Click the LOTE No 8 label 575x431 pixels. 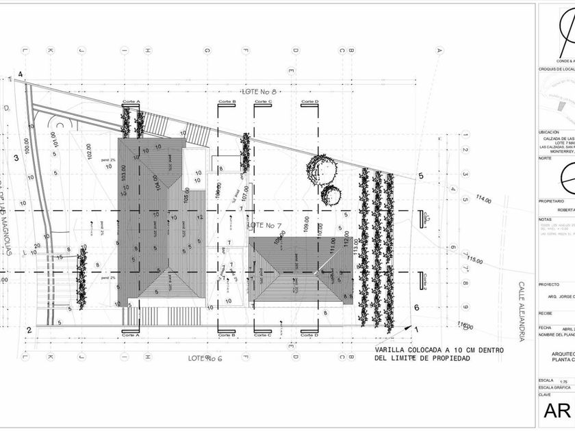(x=259, y=91)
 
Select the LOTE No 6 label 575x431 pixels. (x=206, y=358)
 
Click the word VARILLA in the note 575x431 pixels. (x=391, y=350)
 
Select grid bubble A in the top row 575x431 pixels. (x=439, y=49)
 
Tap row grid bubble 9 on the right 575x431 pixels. (x=464, y=306)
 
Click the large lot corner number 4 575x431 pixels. (x=21, y=74)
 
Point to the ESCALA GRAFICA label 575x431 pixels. (x=552, y=387)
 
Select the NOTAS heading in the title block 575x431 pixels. (x=546, y=219)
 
